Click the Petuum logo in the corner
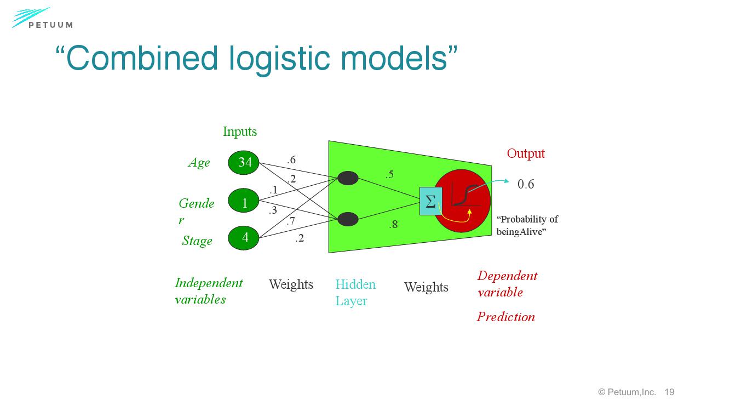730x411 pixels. tap(42, 19)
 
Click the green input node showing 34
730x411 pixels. tap(244, 162)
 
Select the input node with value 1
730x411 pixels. tap(244, 203)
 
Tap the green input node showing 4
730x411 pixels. tap(244, 237)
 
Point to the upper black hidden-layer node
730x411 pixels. tap(348, 178)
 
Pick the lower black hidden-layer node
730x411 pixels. tap(348, 219)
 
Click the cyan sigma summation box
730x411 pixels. tap(430, 201)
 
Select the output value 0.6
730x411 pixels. tap(526, 184)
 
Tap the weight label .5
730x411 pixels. tap(389, 175)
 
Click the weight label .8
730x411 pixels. tap(393, 224)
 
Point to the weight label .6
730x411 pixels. tap(291, 160)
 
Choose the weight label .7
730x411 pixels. tap(291, 221)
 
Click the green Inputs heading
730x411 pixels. tap(240, 132)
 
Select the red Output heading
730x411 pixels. tap(526, 153)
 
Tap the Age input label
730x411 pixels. tap(199, 163)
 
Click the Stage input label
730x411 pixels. tap(197, 241)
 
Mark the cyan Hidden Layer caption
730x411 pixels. tap(355, 293)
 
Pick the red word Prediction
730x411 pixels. tap(505, 317)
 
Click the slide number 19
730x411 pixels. tap(669, 392)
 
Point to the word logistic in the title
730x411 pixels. tap(277, 58)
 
